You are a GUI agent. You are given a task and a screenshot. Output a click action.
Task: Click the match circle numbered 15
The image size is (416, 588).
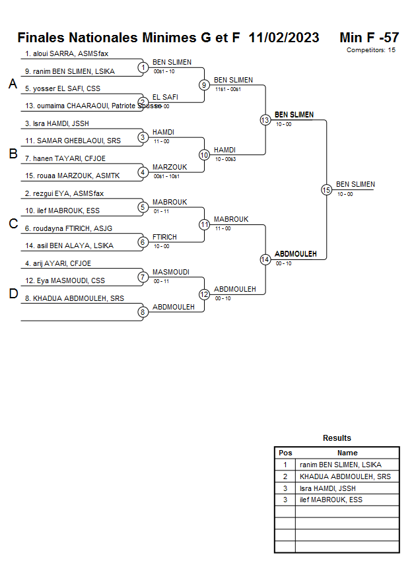326,189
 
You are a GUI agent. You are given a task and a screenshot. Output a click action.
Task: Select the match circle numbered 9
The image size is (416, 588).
204,84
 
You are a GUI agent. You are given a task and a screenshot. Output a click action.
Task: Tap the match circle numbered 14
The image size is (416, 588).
265,259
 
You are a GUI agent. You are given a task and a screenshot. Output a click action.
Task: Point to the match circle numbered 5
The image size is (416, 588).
143,207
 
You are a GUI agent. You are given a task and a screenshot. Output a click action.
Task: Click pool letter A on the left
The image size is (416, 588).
13,84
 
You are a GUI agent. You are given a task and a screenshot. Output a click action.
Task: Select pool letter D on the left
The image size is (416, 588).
13,294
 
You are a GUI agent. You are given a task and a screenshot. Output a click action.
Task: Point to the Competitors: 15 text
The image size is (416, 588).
370,50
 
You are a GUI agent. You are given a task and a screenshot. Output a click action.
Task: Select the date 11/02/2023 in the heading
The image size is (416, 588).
284,38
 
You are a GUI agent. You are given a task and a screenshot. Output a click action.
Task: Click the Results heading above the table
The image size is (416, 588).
337,438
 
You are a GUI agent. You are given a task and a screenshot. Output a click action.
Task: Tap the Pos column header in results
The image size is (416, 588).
285,453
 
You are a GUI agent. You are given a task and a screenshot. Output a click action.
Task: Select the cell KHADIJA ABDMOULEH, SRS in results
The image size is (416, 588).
345,476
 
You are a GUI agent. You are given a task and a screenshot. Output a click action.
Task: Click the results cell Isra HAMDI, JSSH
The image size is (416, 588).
328,488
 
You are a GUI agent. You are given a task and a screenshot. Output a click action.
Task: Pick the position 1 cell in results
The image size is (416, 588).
285,465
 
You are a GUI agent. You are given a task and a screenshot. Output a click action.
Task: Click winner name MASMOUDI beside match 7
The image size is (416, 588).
171,272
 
